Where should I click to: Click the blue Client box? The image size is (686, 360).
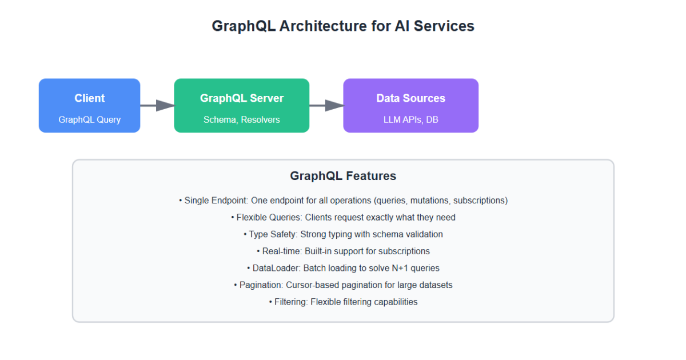89,106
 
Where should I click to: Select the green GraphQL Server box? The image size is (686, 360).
241,106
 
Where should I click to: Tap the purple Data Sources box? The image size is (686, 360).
410,106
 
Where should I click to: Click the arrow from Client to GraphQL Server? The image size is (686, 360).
157,105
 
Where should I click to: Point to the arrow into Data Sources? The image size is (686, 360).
326,105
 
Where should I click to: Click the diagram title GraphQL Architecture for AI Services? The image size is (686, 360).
343,26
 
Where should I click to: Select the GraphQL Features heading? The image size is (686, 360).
343,176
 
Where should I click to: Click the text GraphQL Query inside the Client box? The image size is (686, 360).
89,120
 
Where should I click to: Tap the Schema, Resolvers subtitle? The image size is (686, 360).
241,120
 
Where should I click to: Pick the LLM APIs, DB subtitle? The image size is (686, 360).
410,120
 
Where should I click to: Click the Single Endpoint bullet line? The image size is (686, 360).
343,201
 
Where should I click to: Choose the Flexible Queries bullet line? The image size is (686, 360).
343,218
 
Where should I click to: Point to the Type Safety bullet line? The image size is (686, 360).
343,234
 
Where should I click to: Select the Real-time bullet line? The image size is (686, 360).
343,251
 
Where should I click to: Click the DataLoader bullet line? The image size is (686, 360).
343,268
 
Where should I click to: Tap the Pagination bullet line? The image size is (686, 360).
343,285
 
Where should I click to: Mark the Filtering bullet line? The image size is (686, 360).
343,302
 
